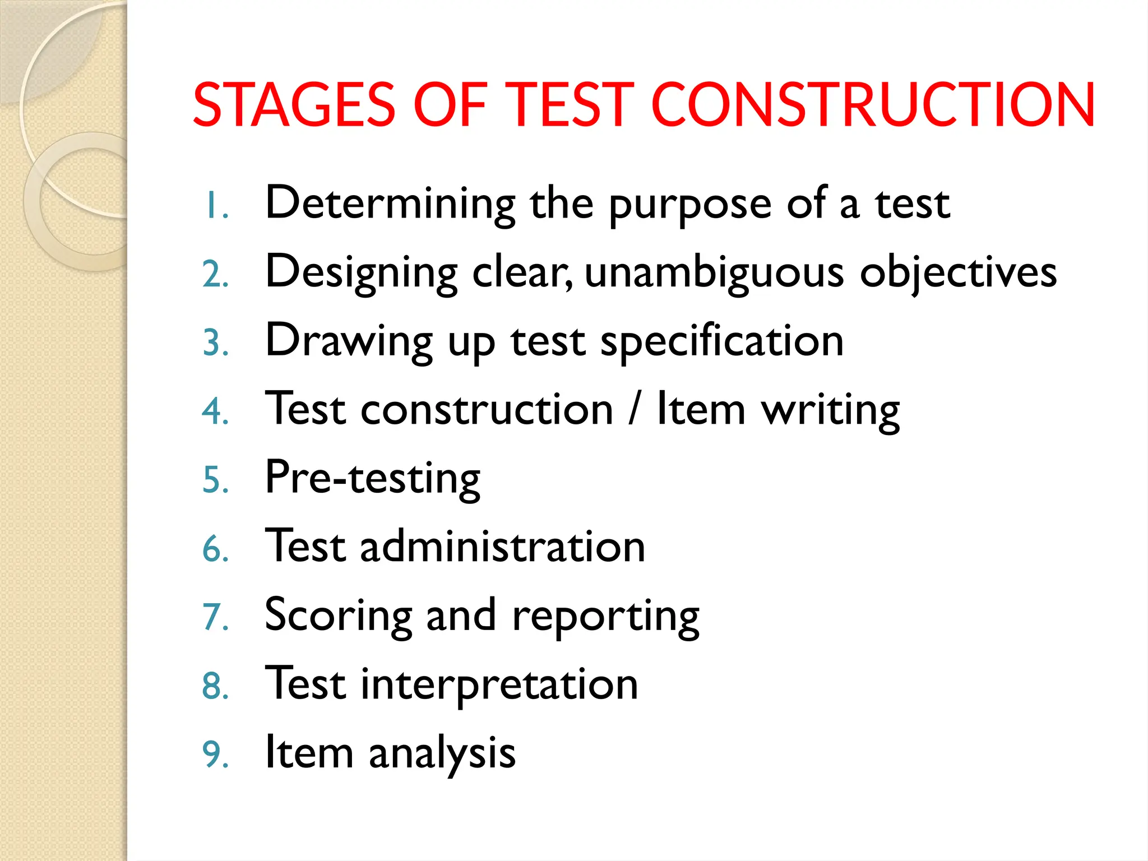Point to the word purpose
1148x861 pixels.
(x=690, y=206)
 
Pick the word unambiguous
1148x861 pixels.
(x=714, y=273)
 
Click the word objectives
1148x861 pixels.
(x=958, y=273)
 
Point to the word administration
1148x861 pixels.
(x=502, y=547)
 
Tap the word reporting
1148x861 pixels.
(x=605, y=617)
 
